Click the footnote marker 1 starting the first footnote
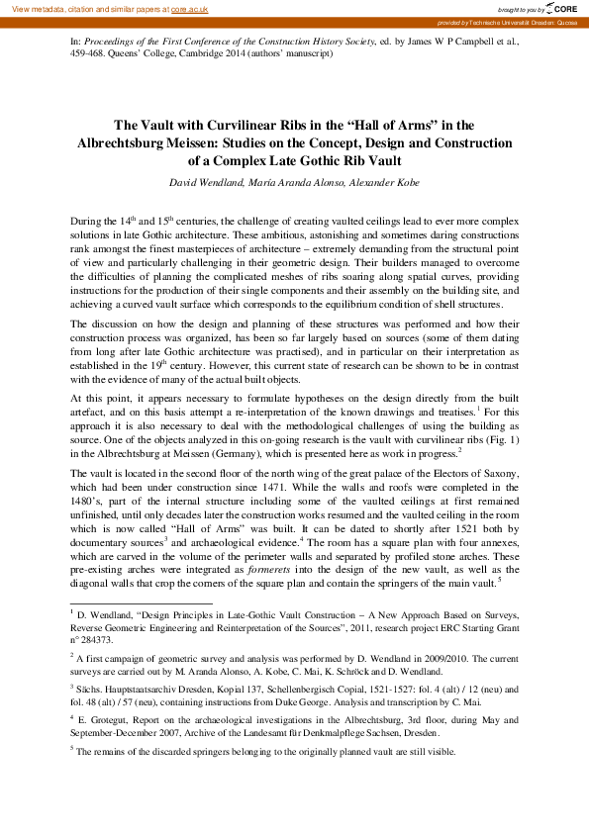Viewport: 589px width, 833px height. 72,612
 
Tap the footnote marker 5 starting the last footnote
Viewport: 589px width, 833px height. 72,749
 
